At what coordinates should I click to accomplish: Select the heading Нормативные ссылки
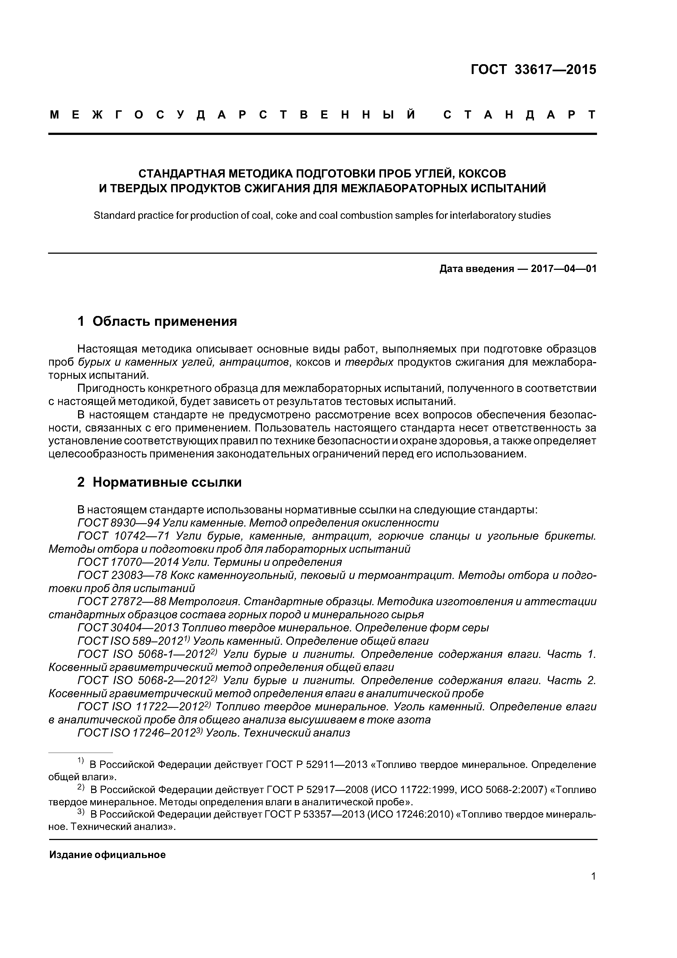point(167,482)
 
